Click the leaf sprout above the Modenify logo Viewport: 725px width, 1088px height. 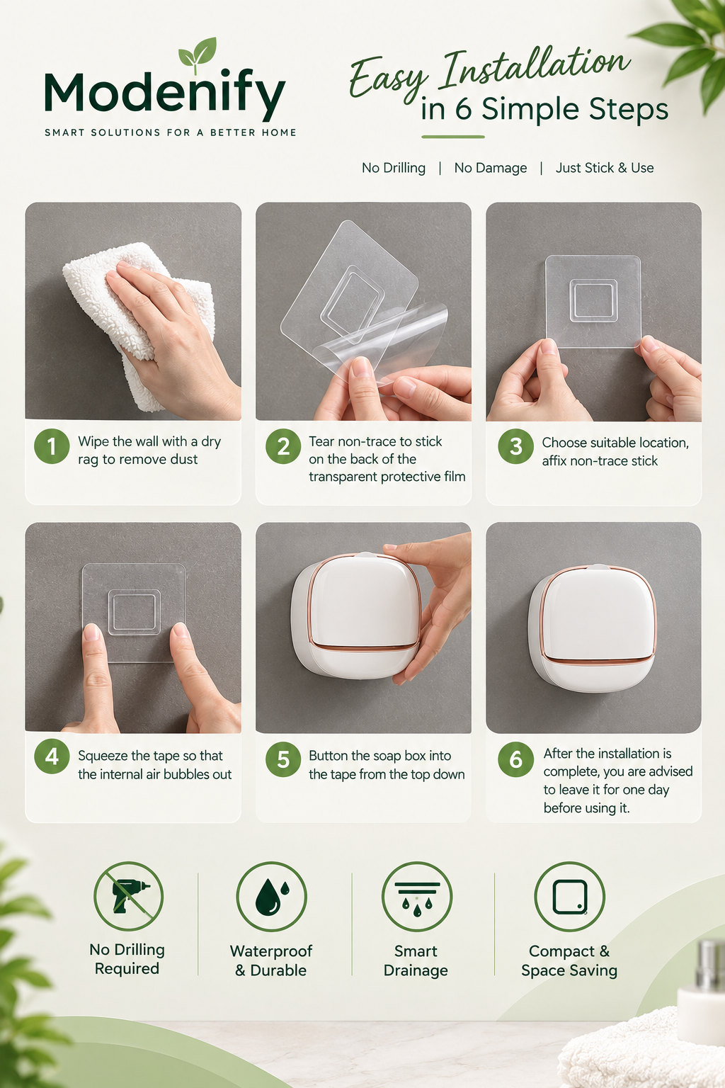[197, 53]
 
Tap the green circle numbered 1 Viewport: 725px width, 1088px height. [52, 446]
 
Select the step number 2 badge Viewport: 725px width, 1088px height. [283, 446]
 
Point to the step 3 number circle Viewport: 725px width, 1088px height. [515, 446]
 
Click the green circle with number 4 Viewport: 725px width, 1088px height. [52, 756]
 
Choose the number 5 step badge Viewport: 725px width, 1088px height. [283, 759]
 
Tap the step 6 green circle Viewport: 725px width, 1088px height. [515, 759]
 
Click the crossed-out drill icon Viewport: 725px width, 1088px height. [129, 896]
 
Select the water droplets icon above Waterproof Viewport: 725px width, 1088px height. [271, 896]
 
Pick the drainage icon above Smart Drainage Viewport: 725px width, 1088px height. [417, 896]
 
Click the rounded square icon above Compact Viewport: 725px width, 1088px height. [570, 896]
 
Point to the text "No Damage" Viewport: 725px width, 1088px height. [491, 168]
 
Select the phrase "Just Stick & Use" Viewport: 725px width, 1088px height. [605, 168]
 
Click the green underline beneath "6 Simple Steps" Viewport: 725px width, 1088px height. [453, 137]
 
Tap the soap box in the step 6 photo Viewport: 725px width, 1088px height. [593, 628]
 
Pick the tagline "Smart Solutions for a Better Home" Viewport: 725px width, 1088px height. [171, 132]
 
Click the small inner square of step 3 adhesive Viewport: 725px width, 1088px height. [593, 300]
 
